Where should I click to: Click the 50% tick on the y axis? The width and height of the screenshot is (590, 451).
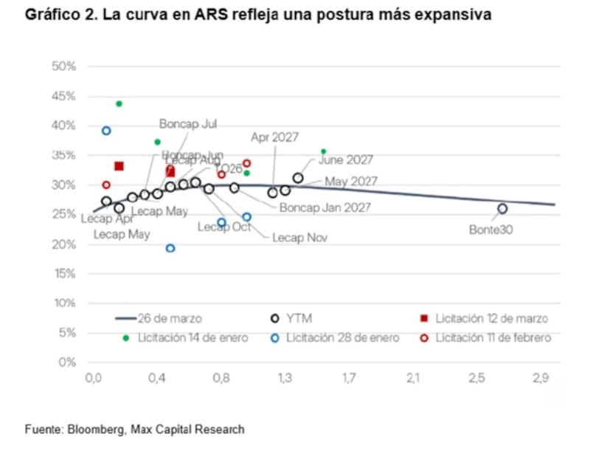[65, 66]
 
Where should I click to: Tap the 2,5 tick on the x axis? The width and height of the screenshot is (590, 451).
[476, 379]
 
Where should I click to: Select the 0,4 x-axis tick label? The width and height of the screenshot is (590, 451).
[157, 379]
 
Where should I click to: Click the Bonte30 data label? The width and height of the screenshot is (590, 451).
[490, 230]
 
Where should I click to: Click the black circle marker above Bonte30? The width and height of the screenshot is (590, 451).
[502, 209]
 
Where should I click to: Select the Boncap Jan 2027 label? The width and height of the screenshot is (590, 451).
[324, 207]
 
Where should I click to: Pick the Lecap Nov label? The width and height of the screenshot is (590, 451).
[299, 238]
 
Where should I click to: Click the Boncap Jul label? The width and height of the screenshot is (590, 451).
[188, 124]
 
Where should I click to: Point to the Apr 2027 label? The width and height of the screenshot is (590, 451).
[274, 137]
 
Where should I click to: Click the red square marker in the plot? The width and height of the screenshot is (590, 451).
[119, 166]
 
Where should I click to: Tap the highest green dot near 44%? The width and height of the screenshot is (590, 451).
[119, 103]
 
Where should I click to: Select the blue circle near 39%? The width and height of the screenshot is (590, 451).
[106, 131]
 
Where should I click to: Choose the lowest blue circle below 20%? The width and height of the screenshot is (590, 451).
[170, 248]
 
